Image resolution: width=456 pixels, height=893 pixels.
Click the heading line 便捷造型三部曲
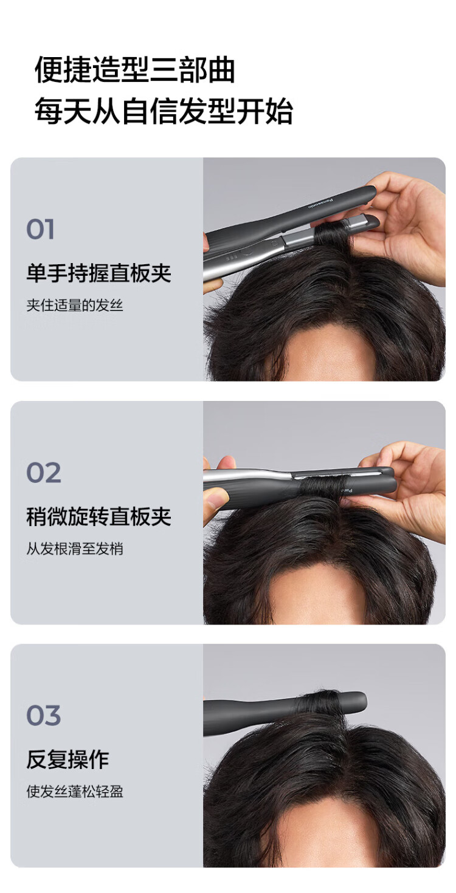(x=134, y=69)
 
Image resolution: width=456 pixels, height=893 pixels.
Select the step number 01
(x=40, y=229)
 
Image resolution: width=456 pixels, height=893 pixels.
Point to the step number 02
(x=44, y=473)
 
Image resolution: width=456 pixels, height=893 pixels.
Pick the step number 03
(x=44, y=715)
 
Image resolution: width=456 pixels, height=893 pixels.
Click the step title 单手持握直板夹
(x=98, y=273)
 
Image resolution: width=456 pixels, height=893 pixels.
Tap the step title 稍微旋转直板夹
(x=98, y=516)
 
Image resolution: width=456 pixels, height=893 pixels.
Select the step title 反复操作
(x=67, y=759)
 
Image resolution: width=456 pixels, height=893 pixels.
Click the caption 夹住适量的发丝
(x=75, y=306)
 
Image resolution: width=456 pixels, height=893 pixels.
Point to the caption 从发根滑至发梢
(x=75, y=549)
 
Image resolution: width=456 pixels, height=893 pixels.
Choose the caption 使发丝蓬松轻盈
(x=75, y=792)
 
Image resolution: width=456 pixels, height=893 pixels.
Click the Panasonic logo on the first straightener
(x=321, y=202)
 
